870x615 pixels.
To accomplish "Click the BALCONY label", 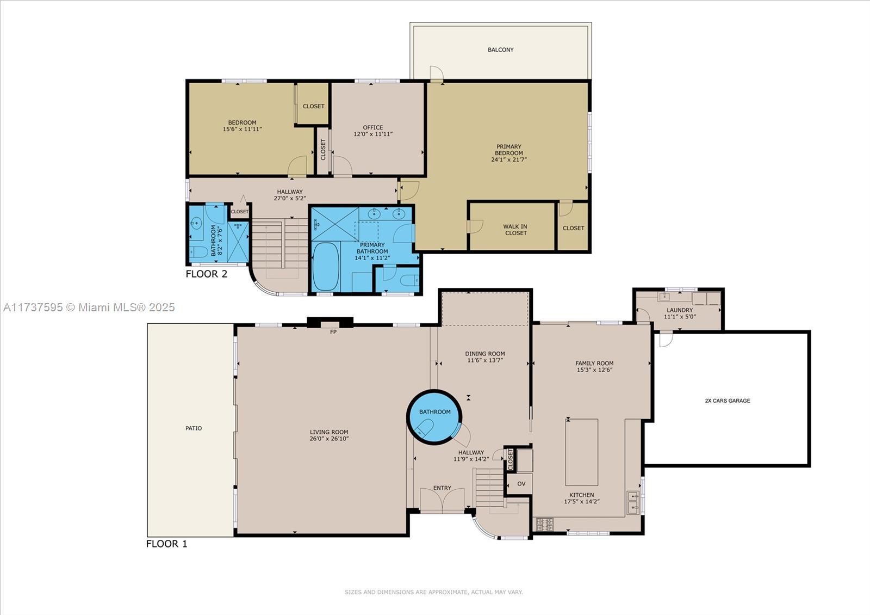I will [500, 50].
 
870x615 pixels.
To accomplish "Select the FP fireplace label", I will [333, 331].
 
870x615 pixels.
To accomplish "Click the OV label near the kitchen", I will [521, 484].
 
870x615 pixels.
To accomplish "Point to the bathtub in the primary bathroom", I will [326, 267].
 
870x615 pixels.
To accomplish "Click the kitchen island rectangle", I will [581, 452].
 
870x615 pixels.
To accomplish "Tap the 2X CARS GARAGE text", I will [727, 401].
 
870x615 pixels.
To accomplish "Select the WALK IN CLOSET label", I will [515, 230].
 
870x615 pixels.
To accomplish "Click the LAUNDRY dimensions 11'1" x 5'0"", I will [680, 317].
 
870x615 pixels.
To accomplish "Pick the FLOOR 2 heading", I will [206, 274].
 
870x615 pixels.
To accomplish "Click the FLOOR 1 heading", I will [166, 544].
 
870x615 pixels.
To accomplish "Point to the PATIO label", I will [194, 428].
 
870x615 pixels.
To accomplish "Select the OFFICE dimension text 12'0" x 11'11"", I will [373, 134].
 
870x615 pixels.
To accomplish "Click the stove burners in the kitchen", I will [545, 525].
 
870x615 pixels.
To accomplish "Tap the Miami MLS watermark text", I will [89, 307].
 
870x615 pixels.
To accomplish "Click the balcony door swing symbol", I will [436, 73].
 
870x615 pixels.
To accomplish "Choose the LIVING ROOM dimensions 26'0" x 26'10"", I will [329, 439].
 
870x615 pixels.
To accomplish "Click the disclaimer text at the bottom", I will [433, 592].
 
